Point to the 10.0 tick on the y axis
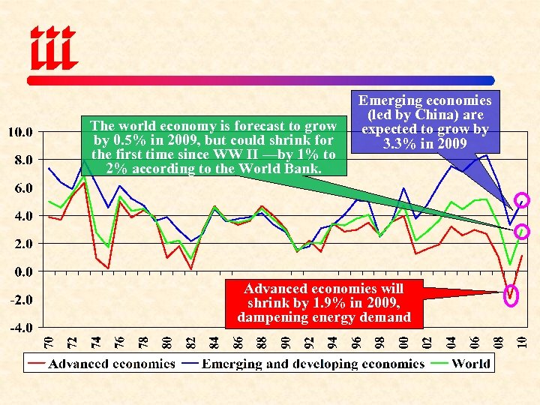click(x=20, y=132)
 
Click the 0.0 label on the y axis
click(x=20, y=271)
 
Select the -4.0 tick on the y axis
click(x=20, y=328)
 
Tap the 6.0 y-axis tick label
click(x=20, y=187)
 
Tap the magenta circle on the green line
click(x=523, y=232)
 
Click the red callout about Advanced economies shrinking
click(x=324, y=302)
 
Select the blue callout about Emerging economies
click(x=424, y=121)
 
